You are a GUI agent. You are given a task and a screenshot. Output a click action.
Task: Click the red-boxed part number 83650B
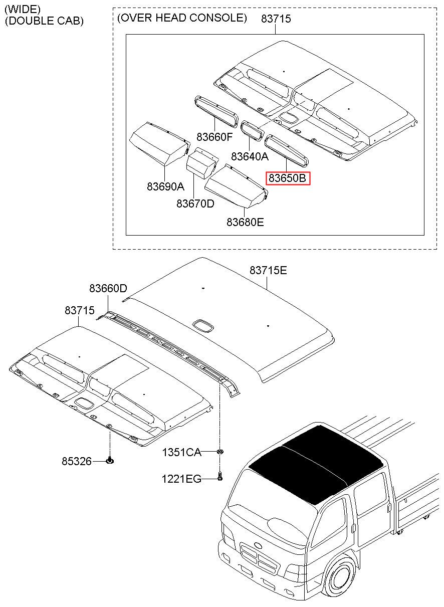(x=288, y=178)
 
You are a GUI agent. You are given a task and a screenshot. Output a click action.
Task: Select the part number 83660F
(x=214, y=137)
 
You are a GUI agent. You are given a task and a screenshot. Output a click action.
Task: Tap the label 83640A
(x=250, y=156)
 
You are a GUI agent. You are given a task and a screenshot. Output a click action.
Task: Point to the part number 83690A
(x=165, y=186)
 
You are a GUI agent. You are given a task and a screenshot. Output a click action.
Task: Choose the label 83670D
(x=195, y=203)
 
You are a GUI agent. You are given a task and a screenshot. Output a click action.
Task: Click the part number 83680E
(x=245, y=222)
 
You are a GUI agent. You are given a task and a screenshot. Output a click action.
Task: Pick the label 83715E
(x=268, y=270)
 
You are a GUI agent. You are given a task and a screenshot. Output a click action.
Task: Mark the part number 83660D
(x=108, y=288)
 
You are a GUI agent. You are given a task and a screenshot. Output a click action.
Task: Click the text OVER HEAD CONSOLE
(x=182, y=18)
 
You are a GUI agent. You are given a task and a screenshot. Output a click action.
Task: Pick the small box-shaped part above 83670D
(x=202, y=163)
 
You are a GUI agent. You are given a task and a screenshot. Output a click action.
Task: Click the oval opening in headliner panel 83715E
(x=203, y=326)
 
